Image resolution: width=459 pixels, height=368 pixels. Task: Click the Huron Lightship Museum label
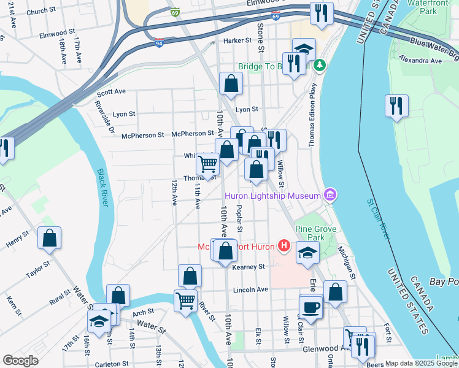(273, 196)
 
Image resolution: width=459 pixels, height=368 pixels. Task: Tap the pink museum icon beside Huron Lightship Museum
(330, 195)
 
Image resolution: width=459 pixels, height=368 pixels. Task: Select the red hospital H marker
(283, 247)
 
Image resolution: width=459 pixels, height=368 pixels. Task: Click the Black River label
(102, 187)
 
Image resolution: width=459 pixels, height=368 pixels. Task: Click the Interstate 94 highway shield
(159, 44)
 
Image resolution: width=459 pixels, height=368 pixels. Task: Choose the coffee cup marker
(311, 307)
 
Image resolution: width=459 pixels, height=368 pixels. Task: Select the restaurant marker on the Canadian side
(396, 105)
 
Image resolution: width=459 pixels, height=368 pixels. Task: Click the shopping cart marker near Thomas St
(208, 164)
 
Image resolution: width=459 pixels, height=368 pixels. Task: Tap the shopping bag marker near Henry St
(49, 238)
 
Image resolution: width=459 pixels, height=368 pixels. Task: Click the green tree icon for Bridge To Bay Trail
(318, 64)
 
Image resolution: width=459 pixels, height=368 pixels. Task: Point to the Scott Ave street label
(111, 91)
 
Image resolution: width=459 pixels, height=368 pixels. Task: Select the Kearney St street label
(248, 267)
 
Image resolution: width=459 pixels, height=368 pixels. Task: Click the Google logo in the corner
(20, 361)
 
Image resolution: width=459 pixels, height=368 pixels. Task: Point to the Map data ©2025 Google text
(420, 363)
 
